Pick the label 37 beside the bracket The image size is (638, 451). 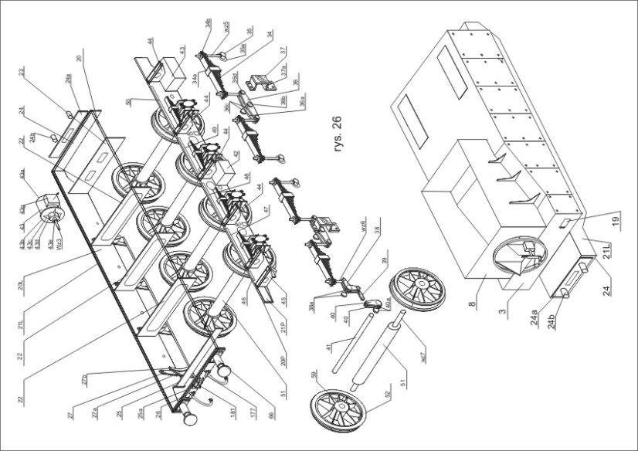(x=283, y=51)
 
